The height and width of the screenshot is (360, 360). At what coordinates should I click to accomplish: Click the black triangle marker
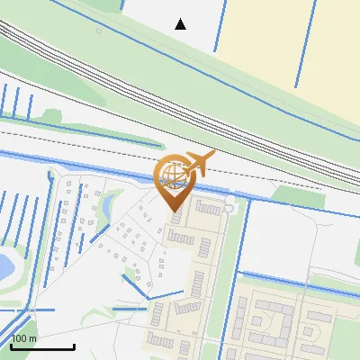tap(181, 24)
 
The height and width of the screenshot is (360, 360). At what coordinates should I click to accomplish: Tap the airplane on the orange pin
tap(198, 165)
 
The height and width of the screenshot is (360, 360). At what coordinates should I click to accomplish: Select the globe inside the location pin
tap(172, 174)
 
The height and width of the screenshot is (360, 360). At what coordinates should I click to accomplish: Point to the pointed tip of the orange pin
tap(173, 211)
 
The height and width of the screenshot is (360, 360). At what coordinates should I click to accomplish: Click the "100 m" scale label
tap(24, 338)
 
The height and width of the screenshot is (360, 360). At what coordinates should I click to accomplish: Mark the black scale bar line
tap(42, 346)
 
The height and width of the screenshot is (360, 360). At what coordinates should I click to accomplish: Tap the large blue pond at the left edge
tap(4, 265)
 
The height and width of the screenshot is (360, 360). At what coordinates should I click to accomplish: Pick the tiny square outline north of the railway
tap(98, 31)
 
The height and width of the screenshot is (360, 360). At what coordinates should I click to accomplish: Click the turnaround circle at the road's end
tap(229, 208)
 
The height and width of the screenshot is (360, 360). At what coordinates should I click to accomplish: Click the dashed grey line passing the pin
tap(90, 144)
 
